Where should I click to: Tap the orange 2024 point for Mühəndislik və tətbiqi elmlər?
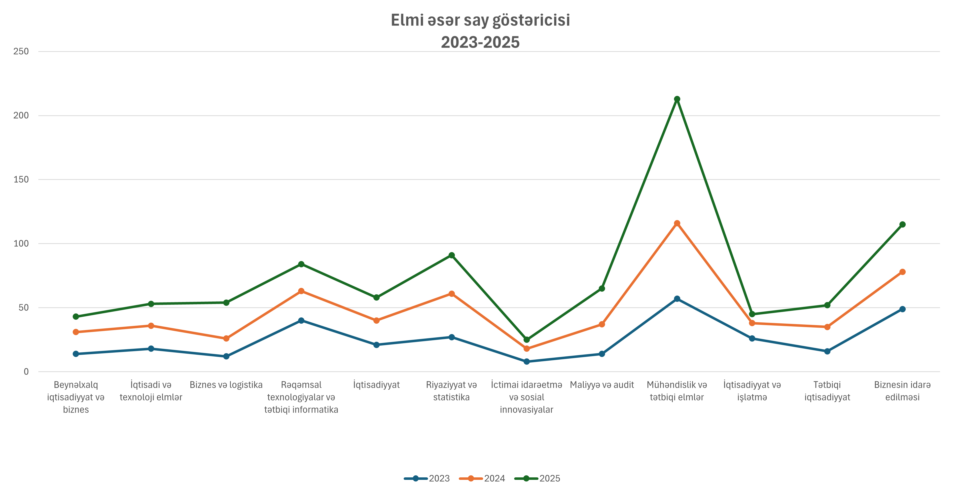click(x=677, y=223)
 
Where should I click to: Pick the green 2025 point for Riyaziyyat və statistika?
click(x=451, y=255)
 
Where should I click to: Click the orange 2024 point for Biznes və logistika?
click(x=226, y=339)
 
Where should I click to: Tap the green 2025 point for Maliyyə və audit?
click(x=602, y=289)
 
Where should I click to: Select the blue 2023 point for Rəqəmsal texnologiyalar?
click(x=301, y=321)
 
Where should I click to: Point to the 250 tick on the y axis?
click(x=21, y=51)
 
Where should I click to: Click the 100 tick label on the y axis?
click(x=21, y=244)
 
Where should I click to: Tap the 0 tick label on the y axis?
click(x=26, y=372)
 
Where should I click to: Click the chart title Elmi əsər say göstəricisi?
click(x=480, y=21)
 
